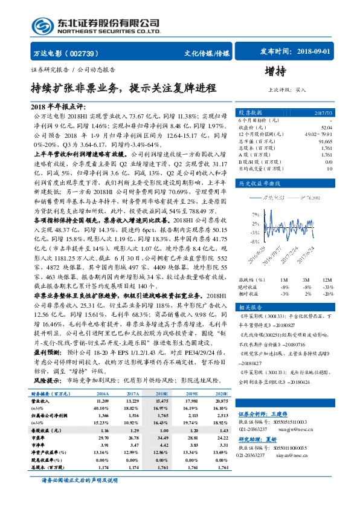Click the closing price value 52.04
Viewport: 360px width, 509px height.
click(326, 128)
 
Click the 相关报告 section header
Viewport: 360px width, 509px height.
click(250, 306)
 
